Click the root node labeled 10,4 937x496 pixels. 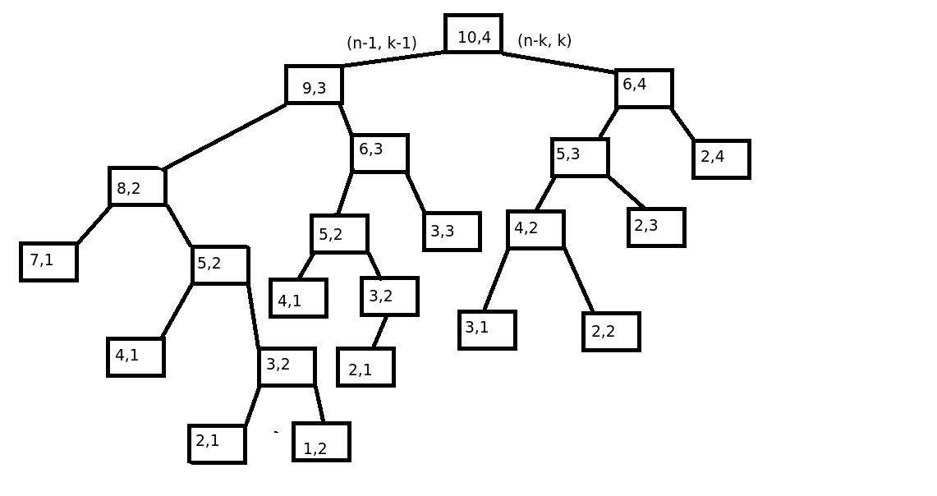pos(473,34)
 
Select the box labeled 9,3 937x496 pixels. pos(314,85)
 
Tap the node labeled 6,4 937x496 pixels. pos(644,89)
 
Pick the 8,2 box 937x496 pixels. pos(137,187)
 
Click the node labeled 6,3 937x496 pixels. pos(379,154)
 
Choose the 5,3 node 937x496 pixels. pos(580,157)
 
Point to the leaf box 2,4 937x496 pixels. pos(721,158)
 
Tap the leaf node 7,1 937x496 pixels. pos(48,262)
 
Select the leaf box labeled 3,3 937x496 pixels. pos(452,232)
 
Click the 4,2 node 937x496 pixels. pos(535,230)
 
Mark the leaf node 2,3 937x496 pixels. pos(656,227)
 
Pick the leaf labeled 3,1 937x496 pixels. pos(487,330)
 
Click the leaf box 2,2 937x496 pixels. pos(611,332)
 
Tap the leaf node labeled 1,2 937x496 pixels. pos(321,442)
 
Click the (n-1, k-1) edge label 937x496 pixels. pos(381,43)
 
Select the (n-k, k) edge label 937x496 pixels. pos(544,40)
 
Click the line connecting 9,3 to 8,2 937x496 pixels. pos(224,136)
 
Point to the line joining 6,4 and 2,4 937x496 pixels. pos(682,124)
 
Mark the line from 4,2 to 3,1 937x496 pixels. pos(496,280)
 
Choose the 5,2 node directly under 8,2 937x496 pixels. pos(220,265)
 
